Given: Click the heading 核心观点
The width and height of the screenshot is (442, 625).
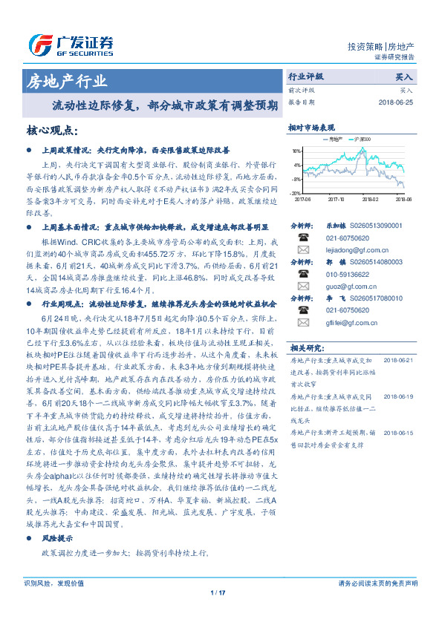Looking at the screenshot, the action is (x=51, y=130).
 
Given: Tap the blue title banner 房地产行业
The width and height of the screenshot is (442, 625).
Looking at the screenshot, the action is (x=67, y=81).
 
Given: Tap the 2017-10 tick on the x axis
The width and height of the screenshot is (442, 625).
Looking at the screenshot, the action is (x=336, y=199).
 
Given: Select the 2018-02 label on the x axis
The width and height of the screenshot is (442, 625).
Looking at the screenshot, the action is (x=370, y=199).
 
